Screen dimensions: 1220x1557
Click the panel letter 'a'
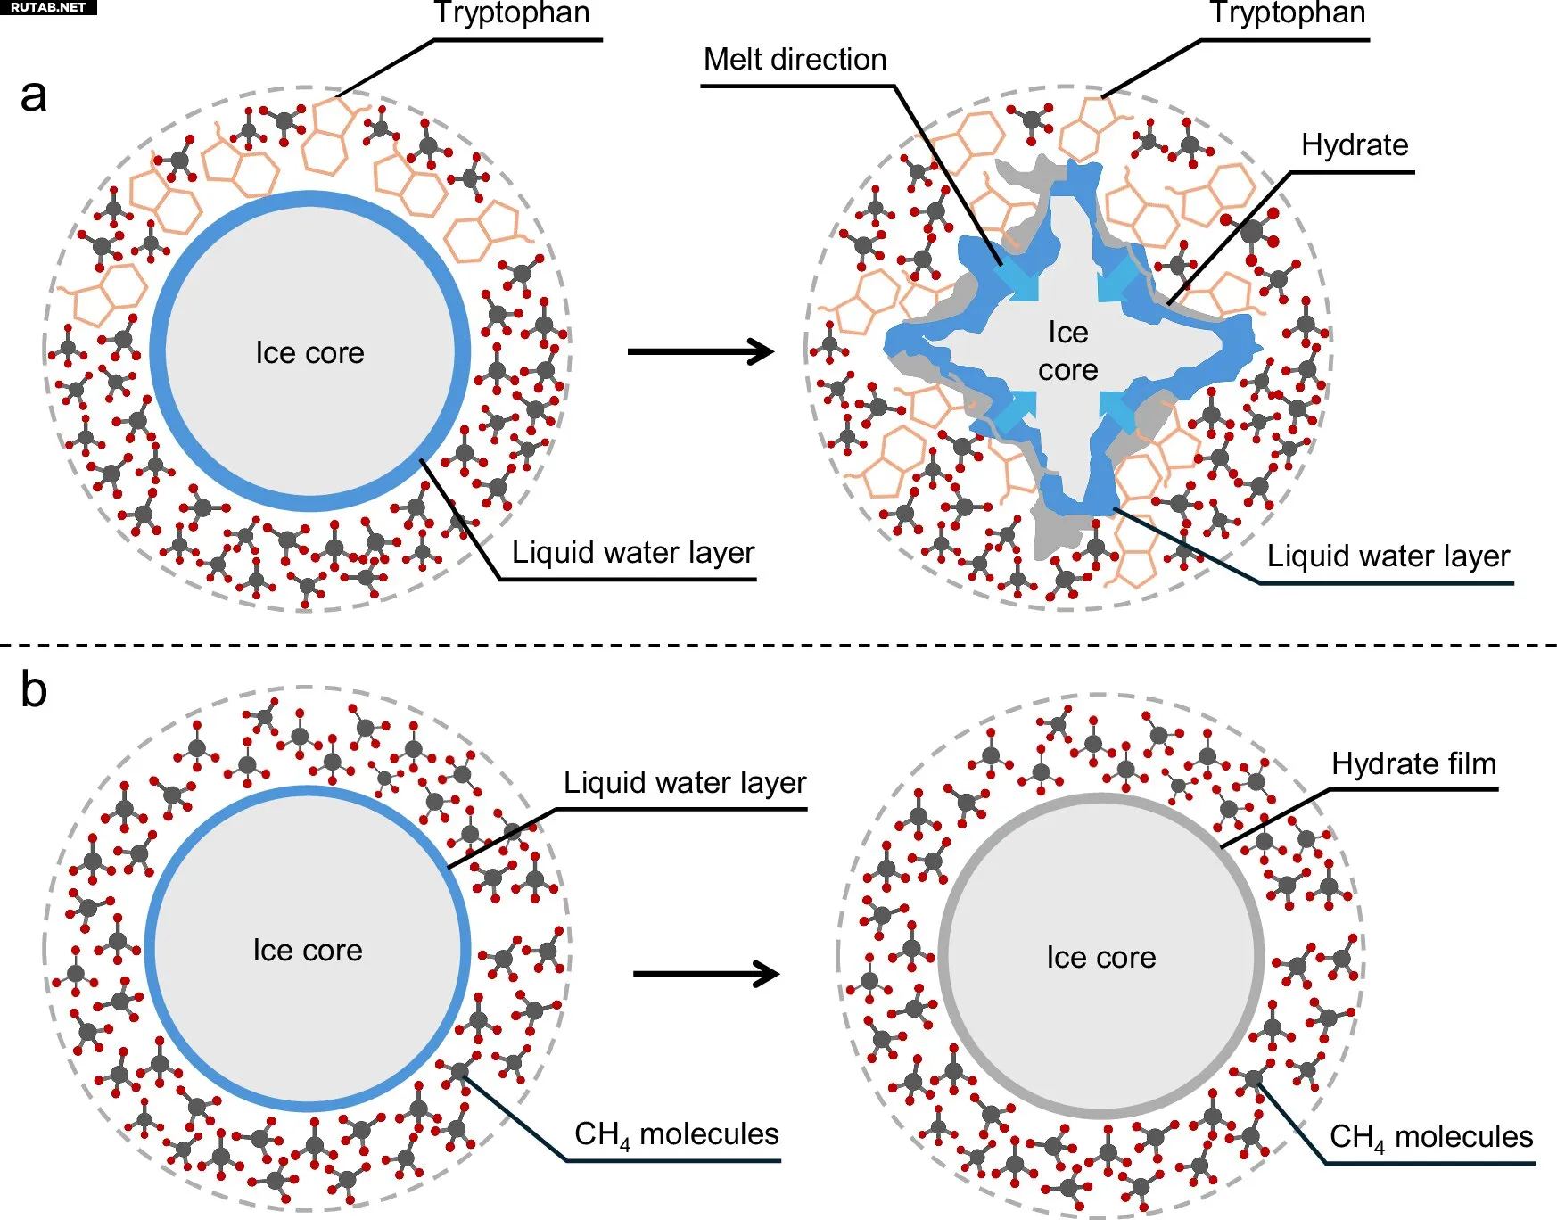click(34, 95)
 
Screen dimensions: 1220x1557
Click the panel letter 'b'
click(34, 690)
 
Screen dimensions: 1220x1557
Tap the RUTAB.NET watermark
click(47, 7)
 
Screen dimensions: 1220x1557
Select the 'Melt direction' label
click(795, 60)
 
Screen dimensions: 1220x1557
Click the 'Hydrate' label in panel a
click(1354, 144)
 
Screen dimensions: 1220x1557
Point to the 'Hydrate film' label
click(1413, 764)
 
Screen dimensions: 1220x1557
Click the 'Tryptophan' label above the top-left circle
click(512, 13)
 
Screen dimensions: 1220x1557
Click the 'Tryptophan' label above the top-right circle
click(1287, 13)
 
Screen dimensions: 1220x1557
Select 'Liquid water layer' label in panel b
click(684, 783)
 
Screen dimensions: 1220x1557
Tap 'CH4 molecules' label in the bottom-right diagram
click(1430, 1137)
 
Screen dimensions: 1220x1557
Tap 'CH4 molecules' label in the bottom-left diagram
click(676, 1134)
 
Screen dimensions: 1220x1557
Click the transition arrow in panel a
click(700, 351)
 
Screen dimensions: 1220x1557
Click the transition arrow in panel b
click(705, 973)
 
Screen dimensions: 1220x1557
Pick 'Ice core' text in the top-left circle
click(309, 353)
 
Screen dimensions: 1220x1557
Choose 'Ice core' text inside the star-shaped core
click(1067, 351)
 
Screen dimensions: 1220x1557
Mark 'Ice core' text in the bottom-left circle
click(308, 951)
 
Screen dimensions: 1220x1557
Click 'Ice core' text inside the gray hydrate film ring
click(1100, 958)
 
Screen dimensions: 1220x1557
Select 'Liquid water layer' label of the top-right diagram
click(1388, 556)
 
